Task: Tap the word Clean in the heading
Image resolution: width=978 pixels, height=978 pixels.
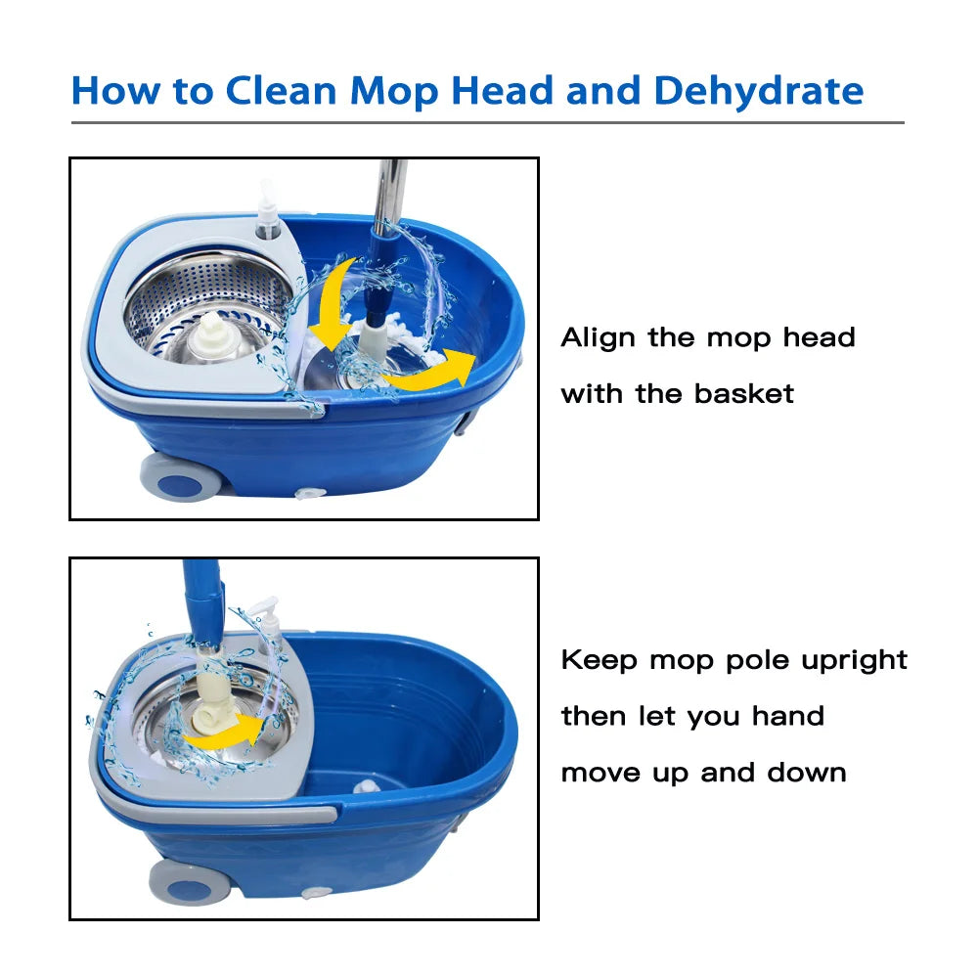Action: click(x=281, y=90)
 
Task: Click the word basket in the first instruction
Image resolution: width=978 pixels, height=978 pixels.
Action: click(x=744, y=393)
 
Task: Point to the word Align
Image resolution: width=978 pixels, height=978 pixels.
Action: click(x=598, y=338)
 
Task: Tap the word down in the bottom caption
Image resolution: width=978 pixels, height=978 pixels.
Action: click(x=807, y=773)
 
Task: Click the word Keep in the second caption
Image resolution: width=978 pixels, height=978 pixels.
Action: click(x=599, y=660)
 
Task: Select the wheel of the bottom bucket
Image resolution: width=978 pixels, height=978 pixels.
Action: click(x=190, y=881)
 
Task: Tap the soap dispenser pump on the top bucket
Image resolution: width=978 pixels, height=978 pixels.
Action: click(x=268, y=210)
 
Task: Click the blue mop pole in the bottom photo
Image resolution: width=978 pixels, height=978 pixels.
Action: click(x=202, y=602)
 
